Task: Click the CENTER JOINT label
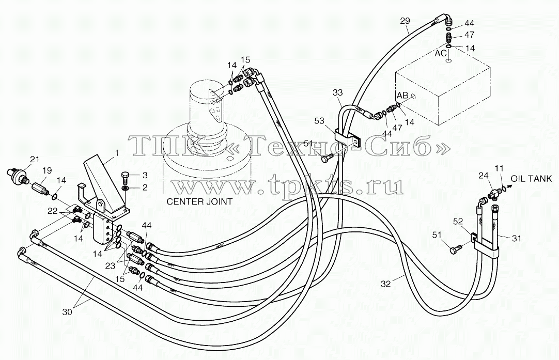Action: tap(199, 202)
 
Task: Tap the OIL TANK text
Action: tap(532, 179)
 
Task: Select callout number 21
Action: tap(34, 159)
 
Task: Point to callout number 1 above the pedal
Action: tap(117, 153)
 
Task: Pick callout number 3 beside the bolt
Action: tap(145, 176)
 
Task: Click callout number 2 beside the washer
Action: tap(145, 187)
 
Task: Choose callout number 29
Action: tap(405, 21)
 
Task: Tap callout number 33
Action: tap(337, 92)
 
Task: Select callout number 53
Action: tap(319, 121)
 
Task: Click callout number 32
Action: tap(386, 284)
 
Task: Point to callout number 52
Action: tap(458, 222)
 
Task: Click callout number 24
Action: tap(483, 176)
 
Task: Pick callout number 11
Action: tap(500, 167)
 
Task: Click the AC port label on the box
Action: tap(441, 53)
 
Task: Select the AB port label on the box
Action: tap(402, 96)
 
